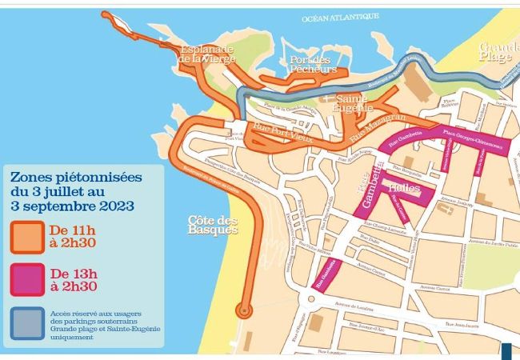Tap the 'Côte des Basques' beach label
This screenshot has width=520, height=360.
pyautogui.click(x=213, y=225)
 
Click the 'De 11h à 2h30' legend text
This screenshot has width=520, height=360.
pyautogui.click(x=83, y=237)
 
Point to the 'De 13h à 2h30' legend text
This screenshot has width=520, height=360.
pyautogui.click(x=83, y=280)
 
